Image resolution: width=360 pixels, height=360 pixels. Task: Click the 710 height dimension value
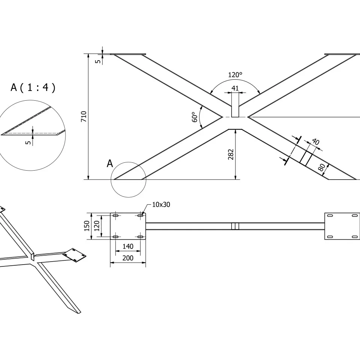click(x=84, y=117)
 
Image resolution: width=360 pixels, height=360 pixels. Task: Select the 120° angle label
click(x=235, y=75)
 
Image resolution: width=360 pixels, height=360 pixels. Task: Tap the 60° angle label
click(x=195, y=117)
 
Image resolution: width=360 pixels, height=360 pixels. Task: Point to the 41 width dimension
click(x=235, y=88)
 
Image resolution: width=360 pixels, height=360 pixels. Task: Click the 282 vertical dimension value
click(x=231, y=155)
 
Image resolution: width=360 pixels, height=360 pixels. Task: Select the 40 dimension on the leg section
click(x=315, y=142)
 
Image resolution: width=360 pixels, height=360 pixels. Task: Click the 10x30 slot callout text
click(x=161, y=205)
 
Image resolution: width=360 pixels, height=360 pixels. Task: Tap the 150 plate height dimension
click(x=87, y=226)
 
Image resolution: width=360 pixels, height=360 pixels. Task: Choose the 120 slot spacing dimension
click(x=97, y=226)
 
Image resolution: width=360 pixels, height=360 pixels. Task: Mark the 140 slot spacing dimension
click(x=128, y=247)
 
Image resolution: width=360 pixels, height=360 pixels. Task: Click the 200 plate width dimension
click(x=128, y=258)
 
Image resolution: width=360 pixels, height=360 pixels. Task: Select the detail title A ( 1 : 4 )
click(x=33, y=88)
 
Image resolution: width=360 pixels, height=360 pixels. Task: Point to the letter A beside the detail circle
click(x=110, y=163)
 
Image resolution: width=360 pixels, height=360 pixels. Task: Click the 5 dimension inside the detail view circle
click(x=29, y=142)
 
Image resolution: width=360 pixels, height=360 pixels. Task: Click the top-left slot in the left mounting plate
click(x=116, y=216)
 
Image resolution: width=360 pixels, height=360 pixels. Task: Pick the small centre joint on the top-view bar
click(x=235, y=226)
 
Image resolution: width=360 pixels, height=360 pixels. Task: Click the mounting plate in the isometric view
click(x=75, y=255)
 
